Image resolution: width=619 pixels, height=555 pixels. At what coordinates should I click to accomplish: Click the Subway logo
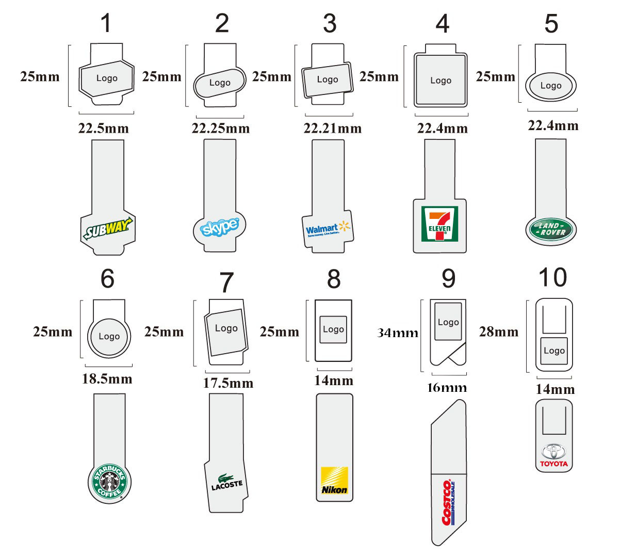(107, 228)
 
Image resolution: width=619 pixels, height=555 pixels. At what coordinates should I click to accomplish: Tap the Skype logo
(219, 227)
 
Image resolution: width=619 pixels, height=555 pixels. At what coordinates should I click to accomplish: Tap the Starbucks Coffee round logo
(109, 482)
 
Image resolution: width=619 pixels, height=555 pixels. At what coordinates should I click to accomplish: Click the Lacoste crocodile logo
(226, 482)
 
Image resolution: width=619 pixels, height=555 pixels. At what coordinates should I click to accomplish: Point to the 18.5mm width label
(107, 379)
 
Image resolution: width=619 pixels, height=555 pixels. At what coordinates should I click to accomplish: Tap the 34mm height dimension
(398, 333)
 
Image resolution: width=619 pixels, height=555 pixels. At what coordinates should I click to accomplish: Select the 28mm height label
(498, 331)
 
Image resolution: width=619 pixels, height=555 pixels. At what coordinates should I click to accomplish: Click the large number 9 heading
(448, 279)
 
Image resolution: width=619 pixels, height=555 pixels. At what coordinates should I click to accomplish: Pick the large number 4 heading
(442, 24)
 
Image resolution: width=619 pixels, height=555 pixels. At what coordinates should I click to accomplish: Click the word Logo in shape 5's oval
(550, 86)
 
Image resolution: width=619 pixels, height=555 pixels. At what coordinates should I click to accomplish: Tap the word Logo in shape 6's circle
(109, 337)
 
